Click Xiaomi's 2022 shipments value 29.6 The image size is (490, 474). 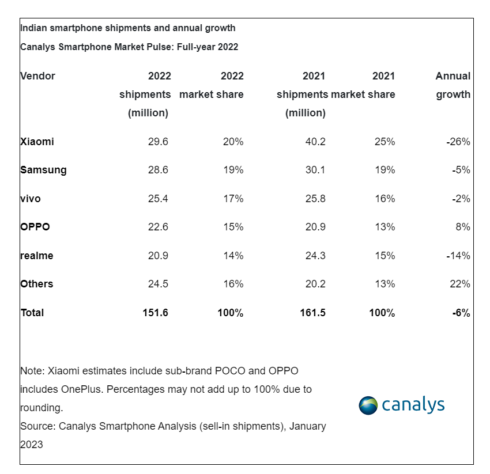(158, 142)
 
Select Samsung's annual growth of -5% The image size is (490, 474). (462, 170)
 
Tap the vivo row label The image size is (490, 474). (31, 199)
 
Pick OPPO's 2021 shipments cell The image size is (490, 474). (315, 227)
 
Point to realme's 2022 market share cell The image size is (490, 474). (233, 256)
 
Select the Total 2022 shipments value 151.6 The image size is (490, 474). (156, 313)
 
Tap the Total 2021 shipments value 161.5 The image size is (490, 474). (313, 313)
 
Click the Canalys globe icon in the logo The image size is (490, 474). (368, 405)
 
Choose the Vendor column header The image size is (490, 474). (37, 76)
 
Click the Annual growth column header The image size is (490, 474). (453, 85)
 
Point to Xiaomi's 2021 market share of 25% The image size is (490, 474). (385, 142)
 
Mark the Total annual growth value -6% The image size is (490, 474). (461, 313)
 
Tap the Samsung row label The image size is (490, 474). (43, 170)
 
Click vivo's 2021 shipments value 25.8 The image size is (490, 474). (315, 199)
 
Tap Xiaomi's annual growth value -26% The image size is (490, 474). (459, 142)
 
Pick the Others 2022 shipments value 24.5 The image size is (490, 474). (158, 284)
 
